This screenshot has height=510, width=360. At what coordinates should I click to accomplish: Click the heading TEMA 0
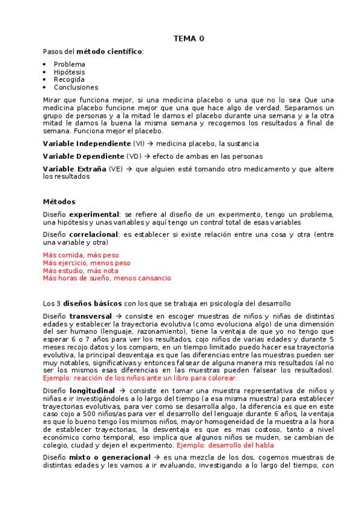point(189,38)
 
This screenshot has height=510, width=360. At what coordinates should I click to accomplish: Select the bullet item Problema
point(69,64)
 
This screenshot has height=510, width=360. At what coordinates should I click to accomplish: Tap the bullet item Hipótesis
point(69,72)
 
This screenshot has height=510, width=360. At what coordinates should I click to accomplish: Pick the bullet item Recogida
point(69,79)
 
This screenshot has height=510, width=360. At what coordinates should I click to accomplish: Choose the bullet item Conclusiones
point(76,87)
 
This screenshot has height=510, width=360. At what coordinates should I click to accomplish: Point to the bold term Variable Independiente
point(87,144)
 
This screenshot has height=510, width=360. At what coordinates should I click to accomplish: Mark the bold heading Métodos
point(59,201)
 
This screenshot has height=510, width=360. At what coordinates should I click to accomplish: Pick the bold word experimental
point(94,214)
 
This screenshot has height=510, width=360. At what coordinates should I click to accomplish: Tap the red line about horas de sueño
point(107,278)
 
